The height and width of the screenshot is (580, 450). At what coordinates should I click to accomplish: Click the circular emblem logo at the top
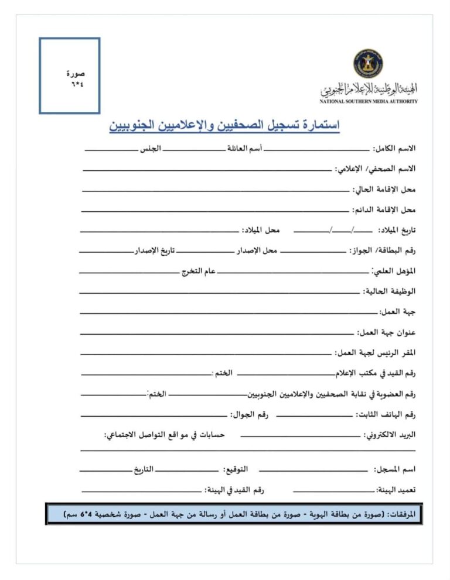tap(368, 64)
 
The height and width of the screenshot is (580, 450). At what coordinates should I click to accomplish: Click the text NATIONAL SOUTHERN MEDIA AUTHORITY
tap(369, 101)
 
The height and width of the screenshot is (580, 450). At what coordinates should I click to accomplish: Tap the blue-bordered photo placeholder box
tap(70, 75)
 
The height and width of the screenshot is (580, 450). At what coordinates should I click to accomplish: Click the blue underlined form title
tap(224, 126)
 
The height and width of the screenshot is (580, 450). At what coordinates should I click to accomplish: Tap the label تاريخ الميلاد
tap(396, 230)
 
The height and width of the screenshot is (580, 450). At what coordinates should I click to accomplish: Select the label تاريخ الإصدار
tap(156, 250)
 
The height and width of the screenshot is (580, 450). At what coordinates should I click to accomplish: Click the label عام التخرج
tap(199, 271)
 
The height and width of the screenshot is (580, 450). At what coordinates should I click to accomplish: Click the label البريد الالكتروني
tap(390, 435)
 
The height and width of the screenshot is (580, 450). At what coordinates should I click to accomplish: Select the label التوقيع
tap(235, 469)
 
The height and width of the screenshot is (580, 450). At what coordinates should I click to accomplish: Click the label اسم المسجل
tap(394, 469)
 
